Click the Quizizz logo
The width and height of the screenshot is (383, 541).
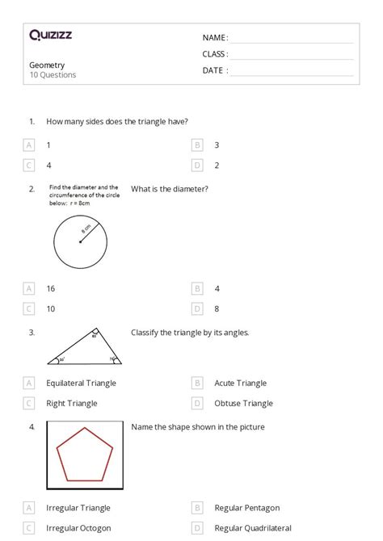pyautogui.click(x=50, y=35)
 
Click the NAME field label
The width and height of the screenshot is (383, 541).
pyautogui.click(x=215, y=38)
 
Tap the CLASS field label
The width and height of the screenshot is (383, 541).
pyautogui.click(x=215, y=54)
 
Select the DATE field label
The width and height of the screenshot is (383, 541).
pyautogui.click(x=215, y=70)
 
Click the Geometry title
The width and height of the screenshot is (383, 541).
pyautogui.click(x=47, y=65)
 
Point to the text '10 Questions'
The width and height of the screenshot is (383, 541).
pyautogui.click(x=53, y=75)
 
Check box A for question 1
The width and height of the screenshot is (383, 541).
pyautogui.click(x=29, y=145)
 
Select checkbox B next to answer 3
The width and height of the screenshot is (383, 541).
pyautogui.click(x=197, y=145)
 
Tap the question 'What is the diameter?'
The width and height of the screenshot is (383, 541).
pyautogui.click(x=170, y=189)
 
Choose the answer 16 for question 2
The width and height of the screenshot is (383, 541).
pyautogui.click(x=50, y=288)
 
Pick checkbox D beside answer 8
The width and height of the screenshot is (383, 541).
pyautogui.click(x=197, y=308)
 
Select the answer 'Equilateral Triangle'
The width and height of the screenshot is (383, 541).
pyautogui.click(x=81, y=384)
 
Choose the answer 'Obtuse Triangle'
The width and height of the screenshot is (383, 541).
pyautogui.click(x=243, y=404)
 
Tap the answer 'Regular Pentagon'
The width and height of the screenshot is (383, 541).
pyautogui.click(x=246, y=508)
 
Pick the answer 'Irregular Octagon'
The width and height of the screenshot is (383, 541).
pyautogui.click(x=78, y=528)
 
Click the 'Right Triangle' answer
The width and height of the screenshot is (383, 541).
pyautogui.click(x=72, y=404)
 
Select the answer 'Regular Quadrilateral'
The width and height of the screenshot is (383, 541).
pyautogui.click(x=254, y=528)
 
